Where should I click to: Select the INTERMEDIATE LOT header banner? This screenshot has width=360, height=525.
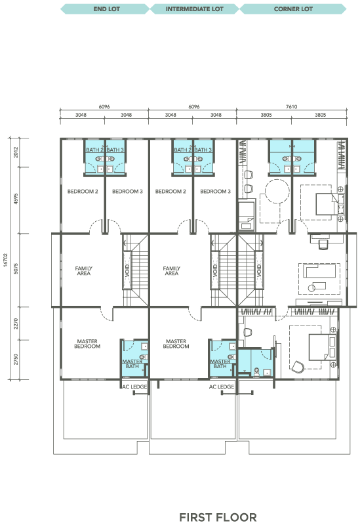point(194,9)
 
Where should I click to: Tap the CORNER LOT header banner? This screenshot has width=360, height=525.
point(293,9)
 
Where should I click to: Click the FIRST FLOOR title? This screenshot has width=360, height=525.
point(218,517)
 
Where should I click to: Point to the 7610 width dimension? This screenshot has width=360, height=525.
point(291,106)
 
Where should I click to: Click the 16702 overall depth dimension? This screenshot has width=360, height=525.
point(5,259)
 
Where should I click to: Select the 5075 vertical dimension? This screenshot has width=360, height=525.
point(16,268)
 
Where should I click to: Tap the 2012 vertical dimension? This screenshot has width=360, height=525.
point(16,152)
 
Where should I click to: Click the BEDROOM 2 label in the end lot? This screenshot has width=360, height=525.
point(83,192)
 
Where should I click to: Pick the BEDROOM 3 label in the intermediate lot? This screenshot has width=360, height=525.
point(216,192)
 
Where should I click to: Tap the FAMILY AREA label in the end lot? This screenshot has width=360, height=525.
point(84,271)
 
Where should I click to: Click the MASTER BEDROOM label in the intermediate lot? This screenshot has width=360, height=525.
point(176,344)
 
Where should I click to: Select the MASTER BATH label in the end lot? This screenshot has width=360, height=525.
point(132,364)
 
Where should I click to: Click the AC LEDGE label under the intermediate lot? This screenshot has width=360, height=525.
point(222,387)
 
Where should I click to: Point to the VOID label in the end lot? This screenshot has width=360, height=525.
point(127,270)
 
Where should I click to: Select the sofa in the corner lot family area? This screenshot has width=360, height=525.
point(319,271)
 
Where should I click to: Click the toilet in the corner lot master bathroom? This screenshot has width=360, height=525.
point(256,371)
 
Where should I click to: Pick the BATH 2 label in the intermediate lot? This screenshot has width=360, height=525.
point(182,150)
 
